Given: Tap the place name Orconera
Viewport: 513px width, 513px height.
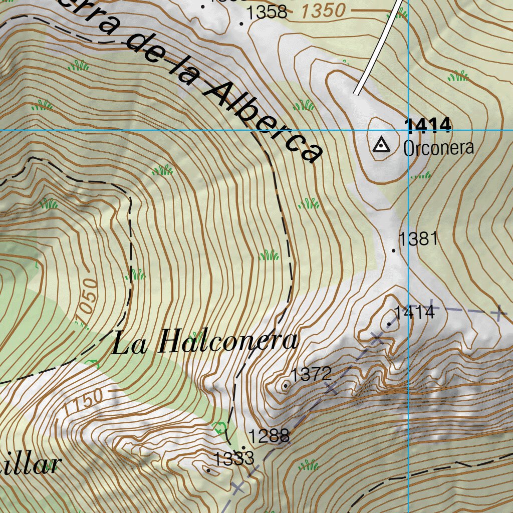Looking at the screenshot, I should (438, 148).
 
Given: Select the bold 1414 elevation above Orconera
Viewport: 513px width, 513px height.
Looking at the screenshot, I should (428, 126).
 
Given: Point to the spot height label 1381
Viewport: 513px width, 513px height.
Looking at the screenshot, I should (418, 239).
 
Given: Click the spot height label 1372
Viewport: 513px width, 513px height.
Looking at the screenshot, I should (312, 374).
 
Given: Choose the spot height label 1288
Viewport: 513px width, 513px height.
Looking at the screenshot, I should (270, 436).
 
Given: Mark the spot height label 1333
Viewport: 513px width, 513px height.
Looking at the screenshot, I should (234, 458).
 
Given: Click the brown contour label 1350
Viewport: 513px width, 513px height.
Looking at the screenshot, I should (324, 11).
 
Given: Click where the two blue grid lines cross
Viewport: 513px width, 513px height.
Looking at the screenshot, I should (409, 130).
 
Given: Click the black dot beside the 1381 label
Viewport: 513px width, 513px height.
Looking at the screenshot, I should (394, 250).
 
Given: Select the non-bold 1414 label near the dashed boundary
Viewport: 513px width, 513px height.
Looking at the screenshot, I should (414, 313).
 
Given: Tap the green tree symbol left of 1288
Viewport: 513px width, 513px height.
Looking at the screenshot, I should (219, 427).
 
